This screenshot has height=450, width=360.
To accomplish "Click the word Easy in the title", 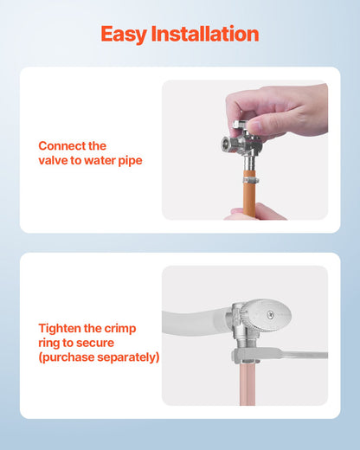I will [124, 35].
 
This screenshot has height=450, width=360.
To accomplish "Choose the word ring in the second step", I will [50, 344].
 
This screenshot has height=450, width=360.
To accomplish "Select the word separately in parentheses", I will [128, 357].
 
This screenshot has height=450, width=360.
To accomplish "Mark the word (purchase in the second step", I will [67, 357].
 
